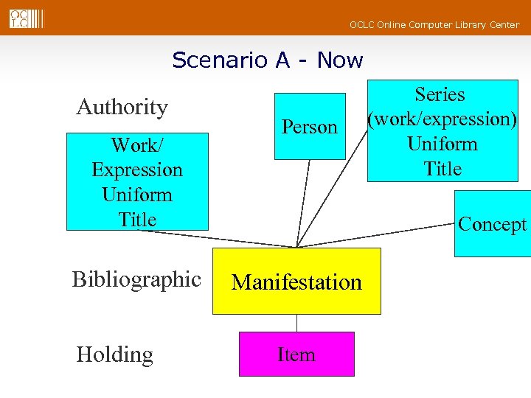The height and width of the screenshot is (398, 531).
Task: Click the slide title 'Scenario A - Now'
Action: [267, 60]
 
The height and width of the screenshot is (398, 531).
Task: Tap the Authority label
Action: [122, 108]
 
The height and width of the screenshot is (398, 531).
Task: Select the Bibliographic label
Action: [136, 279]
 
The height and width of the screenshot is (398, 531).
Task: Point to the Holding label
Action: [115, 355]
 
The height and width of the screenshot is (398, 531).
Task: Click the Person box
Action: [310, 127]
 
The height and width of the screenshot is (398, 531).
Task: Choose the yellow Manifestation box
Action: [296, 282]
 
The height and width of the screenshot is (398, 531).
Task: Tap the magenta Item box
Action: [296, 355]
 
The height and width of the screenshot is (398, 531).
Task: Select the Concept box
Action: [492, 224]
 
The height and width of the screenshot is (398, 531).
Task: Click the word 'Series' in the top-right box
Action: [440, 94]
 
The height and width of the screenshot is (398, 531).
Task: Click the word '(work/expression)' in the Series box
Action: [443, 119]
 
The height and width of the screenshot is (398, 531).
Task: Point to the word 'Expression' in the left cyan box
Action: [137, 170]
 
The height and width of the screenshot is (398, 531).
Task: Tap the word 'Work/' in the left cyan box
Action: [137, 144]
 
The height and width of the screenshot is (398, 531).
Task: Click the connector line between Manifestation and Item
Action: [296, 323]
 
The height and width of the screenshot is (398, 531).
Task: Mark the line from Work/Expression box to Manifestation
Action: [221, 239]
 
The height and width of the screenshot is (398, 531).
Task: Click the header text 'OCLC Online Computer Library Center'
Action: [434, 25]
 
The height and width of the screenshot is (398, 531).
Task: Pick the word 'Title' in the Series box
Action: [442, 169]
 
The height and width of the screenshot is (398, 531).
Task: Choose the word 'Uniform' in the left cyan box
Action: [137, 195]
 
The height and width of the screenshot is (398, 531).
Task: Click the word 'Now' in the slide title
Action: [340, 60]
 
